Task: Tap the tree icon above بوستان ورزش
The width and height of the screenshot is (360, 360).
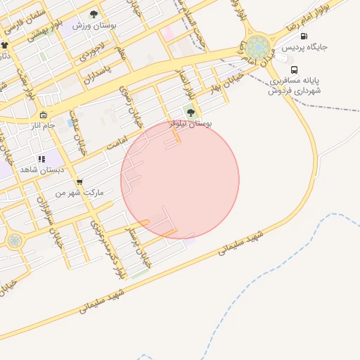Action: coord(94,14)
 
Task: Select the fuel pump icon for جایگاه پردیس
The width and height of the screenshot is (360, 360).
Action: coord(303,37)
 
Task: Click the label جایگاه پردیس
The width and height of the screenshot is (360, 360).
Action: coord(305,48)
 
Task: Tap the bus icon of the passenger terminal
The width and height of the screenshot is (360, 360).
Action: coord(294,70)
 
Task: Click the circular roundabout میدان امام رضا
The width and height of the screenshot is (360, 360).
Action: coord(257,48)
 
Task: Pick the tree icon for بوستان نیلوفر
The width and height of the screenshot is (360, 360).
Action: coord(191,112)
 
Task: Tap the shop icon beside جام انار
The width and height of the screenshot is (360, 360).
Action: coord(43,115)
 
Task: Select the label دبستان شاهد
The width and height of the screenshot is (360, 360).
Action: coord(41,170)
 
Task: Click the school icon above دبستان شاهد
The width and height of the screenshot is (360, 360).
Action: coord(41,160)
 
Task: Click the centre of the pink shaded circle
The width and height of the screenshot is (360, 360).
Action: coord(180,180)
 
